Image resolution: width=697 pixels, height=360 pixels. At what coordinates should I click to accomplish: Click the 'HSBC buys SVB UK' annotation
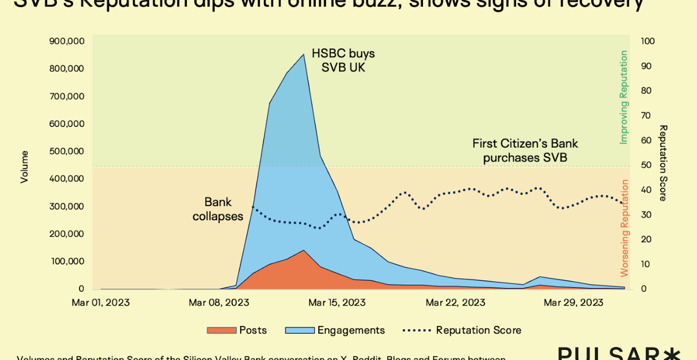[x=343, y=60]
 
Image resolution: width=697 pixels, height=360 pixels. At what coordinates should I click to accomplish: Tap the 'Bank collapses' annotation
[x=218, y=209]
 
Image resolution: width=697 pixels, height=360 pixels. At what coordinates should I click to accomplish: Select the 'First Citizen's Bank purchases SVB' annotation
[x=525, y=151]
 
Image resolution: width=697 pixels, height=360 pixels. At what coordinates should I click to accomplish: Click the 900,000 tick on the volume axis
[x=67, y=41]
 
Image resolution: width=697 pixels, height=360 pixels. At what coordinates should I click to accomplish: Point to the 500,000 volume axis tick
[x=67, y=151]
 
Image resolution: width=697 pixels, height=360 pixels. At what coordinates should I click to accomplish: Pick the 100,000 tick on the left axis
[x=67, y=261]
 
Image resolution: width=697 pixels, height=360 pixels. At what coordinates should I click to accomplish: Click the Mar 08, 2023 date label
[x=219, y=303]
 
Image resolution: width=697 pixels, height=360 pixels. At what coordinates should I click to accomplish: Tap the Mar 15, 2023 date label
[x=336, y=303]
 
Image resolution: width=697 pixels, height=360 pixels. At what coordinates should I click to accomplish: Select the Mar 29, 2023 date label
[x=574, y=303]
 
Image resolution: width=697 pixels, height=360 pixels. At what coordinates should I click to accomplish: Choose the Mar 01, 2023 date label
[x=101, y=303]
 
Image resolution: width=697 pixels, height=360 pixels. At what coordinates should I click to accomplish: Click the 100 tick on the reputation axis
[x=648, y=41]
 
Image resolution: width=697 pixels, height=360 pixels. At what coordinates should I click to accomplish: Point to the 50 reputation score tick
[x=645, y=165]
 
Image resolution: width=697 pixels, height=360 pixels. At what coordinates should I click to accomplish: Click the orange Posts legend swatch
[x=222, y=330]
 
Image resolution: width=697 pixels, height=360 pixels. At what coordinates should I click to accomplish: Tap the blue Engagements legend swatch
[x=300, y=330]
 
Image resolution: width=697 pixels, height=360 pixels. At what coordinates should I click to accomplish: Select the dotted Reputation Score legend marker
[x=417, y=330]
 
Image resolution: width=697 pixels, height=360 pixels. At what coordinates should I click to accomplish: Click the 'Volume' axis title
[x=25, y=167]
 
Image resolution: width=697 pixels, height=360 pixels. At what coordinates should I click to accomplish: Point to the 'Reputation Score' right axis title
[x=663, y=163]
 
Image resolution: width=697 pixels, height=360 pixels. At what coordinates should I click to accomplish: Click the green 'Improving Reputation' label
[x=624, y=97]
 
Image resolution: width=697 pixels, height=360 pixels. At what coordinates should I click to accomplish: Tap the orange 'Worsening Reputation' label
[x=624, y=228]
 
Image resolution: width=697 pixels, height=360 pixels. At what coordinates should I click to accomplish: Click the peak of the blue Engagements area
[x=303, y=55]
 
